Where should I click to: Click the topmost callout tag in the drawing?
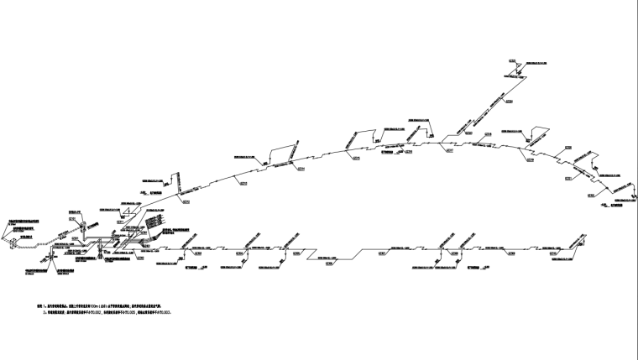click(x=513, y=60)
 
